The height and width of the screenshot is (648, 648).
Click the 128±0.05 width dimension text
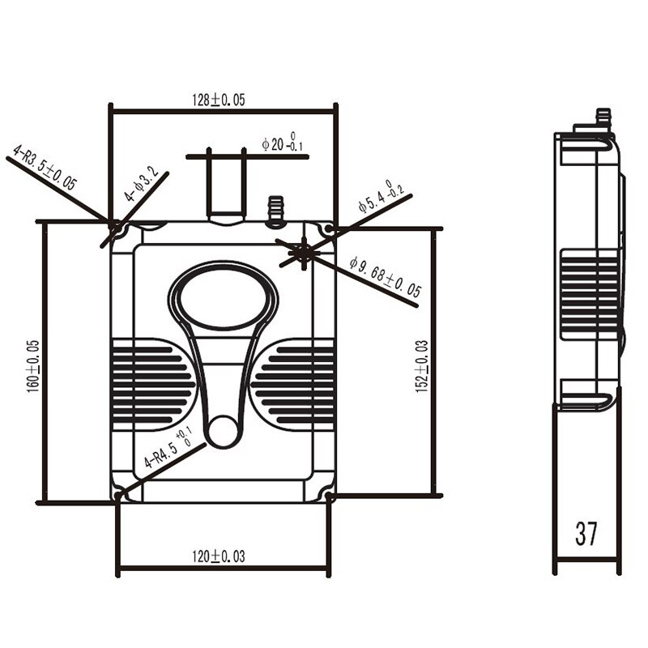219,100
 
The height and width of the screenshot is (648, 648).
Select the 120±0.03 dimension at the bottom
218,556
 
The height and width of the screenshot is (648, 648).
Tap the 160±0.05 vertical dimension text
33,364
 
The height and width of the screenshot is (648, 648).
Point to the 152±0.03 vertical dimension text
422,364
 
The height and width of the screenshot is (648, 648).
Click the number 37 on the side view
586,534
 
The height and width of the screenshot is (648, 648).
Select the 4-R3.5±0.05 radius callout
44,167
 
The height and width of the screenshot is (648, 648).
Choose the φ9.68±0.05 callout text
385,279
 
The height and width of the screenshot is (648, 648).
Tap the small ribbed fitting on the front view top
275,207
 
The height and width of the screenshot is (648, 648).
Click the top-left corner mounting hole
119,229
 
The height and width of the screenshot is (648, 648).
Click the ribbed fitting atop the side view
602,117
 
